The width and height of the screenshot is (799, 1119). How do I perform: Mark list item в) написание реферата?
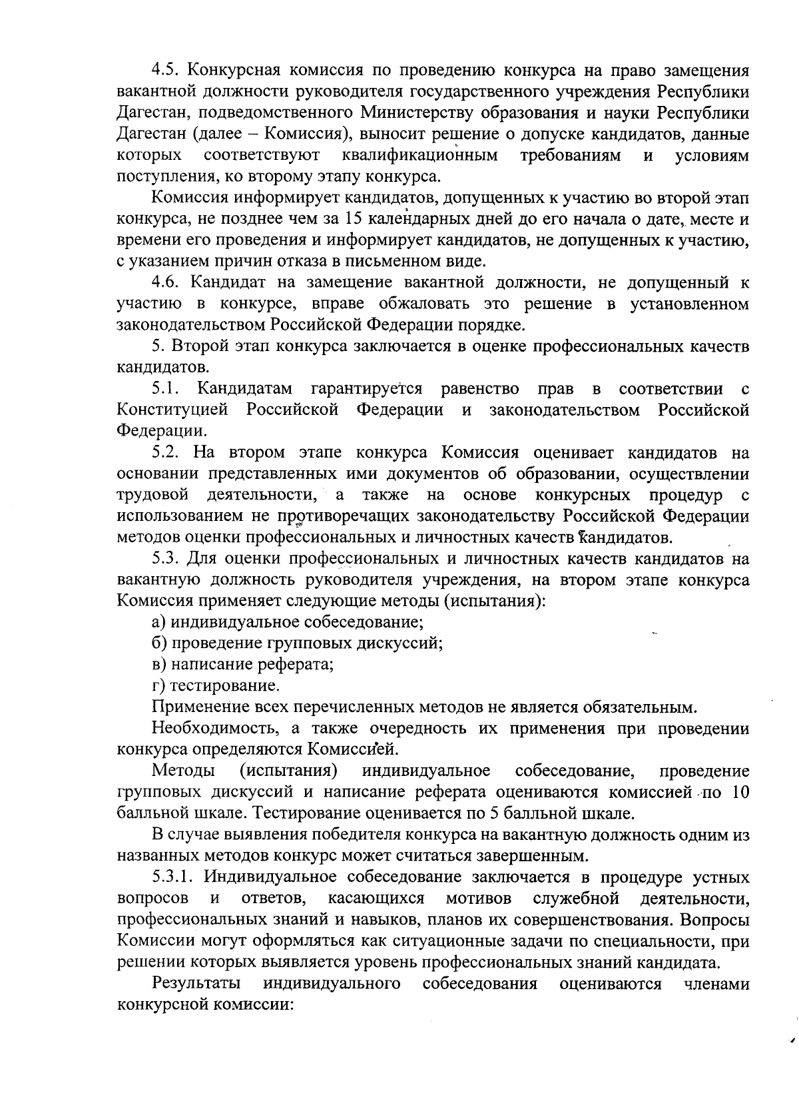click(x=243, y=665)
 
